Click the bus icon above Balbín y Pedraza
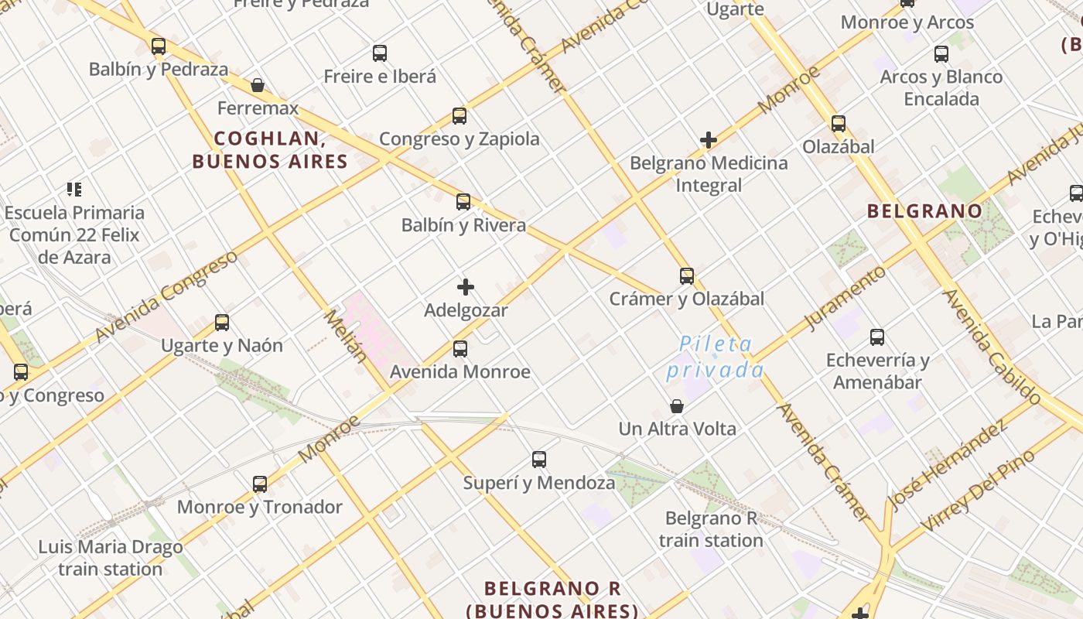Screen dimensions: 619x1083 click(x=159, y=46)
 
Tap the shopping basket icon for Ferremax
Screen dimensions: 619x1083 click(x=258, y=85)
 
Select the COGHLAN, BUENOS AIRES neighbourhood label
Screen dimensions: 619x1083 click(x=269, y=150)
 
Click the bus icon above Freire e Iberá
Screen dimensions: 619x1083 click(x=380, y=53)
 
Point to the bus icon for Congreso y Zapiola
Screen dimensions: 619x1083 click(x=460, y=116)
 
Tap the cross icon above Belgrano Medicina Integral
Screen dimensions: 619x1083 click(x=709, y=140)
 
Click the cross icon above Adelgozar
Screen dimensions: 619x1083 click(x=466, y=288)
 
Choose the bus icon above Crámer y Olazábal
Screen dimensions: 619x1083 click(x=687, y=275)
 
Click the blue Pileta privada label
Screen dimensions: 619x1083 click(x=715, y=357)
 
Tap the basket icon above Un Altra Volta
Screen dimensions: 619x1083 click(x=677, y=406)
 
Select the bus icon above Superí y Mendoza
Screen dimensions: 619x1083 click(x=539, y=460)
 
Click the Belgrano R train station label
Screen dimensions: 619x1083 click(x=711, y=529)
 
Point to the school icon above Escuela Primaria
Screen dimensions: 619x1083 click(x=74, y=189)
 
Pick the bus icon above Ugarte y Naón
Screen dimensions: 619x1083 click(x=222, y=323)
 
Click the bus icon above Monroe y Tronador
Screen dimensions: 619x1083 click(x=260, y=484)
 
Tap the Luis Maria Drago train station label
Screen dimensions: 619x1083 click(x=111, y=558)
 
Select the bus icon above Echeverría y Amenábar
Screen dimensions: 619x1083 click(x=877, y=337)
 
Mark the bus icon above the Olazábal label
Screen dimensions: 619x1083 click(x=839, y=124)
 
